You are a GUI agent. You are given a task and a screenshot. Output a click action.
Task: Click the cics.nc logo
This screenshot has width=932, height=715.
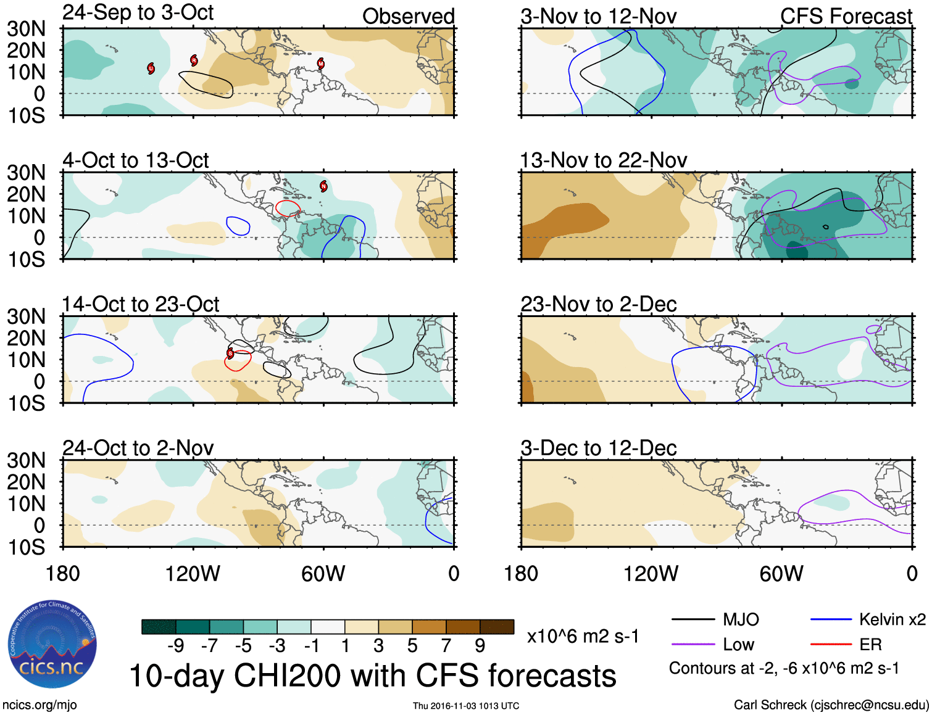(52, 645)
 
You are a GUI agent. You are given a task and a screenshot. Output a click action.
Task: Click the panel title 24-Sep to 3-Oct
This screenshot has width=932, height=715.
(138, 12)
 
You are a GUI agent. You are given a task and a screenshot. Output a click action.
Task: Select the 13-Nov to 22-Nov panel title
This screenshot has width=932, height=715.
(603, 160)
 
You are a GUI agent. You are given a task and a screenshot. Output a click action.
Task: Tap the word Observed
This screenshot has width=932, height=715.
(408, 16)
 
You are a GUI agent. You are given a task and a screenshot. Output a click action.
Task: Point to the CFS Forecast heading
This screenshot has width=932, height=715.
(846, 16)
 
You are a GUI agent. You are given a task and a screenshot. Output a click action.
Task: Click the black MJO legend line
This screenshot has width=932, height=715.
(693, 619)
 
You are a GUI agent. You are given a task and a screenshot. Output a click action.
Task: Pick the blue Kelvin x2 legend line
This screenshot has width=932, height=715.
(831, 619)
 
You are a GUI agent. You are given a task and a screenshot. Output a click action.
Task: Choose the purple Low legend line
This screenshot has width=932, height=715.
(693, 645)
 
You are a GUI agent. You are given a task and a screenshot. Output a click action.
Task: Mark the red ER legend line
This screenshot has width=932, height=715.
(831, 645)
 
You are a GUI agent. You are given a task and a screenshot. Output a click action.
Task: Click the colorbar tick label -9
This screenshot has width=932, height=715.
(175, 645)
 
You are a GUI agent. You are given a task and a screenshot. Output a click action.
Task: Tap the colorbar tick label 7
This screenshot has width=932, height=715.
(446, 645)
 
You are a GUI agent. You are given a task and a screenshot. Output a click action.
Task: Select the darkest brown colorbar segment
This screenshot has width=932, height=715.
(497, 627)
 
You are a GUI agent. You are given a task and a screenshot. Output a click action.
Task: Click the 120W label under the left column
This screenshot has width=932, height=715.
(193, 574)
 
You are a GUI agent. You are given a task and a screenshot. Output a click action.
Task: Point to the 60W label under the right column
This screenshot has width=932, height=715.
(781, 574)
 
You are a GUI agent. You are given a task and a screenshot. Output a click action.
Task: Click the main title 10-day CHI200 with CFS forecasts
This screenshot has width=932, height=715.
(373, 676)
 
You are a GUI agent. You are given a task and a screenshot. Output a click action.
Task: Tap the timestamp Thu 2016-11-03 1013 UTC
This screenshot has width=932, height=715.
(466, 706)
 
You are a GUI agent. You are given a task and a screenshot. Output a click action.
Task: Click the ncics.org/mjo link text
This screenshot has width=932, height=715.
(40, 705)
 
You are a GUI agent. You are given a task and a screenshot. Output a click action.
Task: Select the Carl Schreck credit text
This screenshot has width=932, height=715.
(831, 705)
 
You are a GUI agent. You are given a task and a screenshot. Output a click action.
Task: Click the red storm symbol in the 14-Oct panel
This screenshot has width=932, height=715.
(230, 354)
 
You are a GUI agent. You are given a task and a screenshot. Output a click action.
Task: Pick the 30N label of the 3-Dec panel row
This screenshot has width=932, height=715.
(26, 460)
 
